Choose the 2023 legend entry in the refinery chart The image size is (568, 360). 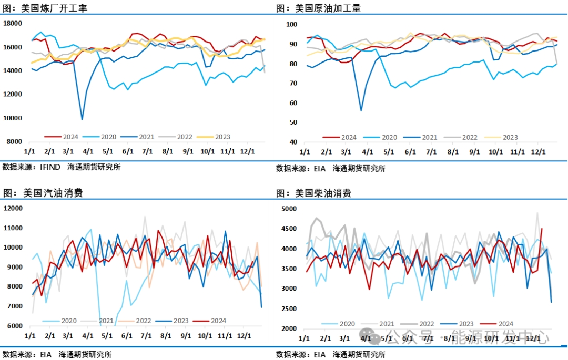pyautogui.click(x=221, y=137)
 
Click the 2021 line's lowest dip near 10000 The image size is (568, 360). pyautogui.click(x=82, y=119)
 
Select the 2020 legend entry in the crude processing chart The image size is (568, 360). pyautogui.click(x=388, y=138)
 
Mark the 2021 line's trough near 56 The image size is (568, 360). pyautogui.click(x=361, y=110)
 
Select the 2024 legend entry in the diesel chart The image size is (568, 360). pyautogui.click(x=504, y=324)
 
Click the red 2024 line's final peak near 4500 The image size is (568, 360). pyautogui.click(x=542, y=229)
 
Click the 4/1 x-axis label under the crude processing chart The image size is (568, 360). pyautogui.click(x=367, y=152)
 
